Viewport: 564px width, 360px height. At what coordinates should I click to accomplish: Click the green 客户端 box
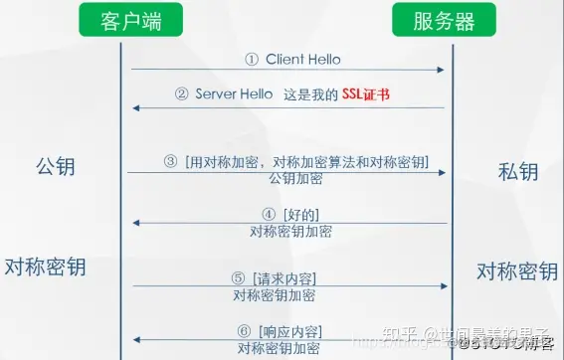[x=120, y=20]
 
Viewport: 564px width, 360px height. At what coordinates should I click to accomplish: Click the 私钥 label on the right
[x=517, y=171]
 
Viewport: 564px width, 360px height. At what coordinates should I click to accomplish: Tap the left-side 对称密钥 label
[x=45, y=267]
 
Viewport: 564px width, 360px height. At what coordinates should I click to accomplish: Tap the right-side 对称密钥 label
[x=516, y=270]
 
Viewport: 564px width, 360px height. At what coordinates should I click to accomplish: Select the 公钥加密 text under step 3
[x=295, y=179]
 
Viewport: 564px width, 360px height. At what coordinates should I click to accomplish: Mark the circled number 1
[x=252, y=59]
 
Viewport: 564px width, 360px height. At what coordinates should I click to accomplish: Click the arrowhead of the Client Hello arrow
[x=439, y=70]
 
